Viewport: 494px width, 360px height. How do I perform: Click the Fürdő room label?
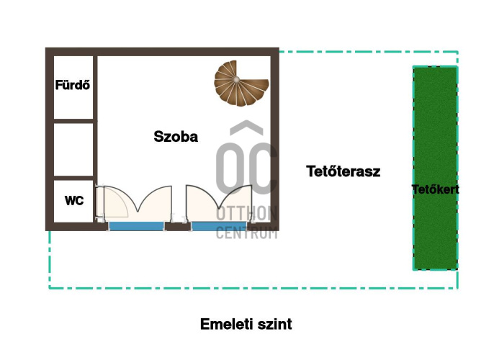click(x=73, y=85)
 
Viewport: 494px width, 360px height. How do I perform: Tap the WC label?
click(x=74, y=201)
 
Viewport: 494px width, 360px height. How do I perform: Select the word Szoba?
click(x=176, y=137)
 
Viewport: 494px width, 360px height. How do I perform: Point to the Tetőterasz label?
click(x=343, y=171)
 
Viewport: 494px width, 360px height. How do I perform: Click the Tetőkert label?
click(x=435, y=189)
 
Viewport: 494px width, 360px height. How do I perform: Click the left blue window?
click(x=136, y=226)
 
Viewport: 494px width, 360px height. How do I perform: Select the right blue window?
click(x=219, y=226)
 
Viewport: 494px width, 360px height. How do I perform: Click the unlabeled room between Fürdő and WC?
click(x=73, y=149)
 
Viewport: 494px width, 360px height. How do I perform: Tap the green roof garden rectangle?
click(x=435, y=168)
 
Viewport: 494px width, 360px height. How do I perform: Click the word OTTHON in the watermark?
click(x=246, y=214)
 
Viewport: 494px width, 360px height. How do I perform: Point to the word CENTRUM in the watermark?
click(x=246, y=233)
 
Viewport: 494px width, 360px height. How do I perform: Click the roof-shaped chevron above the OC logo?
click(x=246, y=127)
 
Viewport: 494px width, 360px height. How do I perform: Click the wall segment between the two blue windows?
click(x=178, y=227)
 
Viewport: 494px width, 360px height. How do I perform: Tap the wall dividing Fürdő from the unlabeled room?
click(x=73, y=121)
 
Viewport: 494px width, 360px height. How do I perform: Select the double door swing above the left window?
click(x=138, y=201)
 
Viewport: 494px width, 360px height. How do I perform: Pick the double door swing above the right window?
click(x=219, y=201)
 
